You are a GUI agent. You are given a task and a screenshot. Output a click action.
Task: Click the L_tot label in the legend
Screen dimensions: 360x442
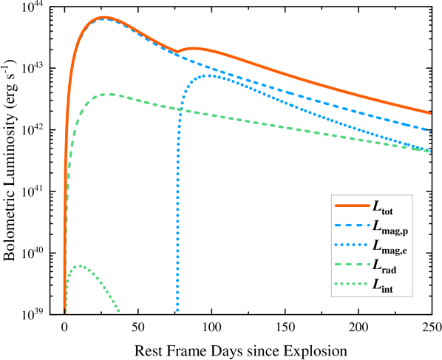[x=384, y=208]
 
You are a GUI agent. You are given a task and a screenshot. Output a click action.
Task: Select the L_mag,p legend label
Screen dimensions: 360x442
[x=390, y=228]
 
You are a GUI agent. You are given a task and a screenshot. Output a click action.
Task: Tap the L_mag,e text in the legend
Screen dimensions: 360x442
[x=390, y=247]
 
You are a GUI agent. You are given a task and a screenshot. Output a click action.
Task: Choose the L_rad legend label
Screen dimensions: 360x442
[x=384, y=266]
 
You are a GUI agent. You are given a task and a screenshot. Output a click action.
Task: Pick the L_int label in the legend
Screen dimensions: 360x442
[x=383, y=285]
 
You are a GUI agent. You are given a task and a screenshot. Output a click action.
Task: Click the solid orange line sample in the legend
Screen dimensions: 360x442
[x=351, y=206]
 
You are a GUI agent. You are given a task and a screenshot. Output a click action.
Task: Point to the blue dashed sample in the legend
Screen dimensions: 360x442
[x=351, y=225]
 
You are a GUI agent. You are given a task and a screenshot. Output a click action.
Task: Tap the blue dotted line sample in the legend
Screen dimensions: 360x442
[x=351, y=245]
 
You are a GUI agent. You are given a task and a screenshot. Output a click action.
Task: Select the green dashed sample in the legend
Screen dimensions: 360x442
[x=351, y=264]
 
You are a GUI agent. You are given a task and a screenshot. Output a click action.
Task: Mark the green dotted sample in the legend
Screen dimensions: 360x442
[x=351, y=283]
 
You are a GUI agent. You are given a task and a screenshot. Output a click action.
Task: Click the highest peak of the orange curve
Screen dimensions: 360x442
[x=103, y=16]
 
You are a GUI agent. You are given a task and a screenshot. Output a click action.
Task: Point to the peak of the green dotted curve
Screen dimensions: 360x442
[x=81, y=265]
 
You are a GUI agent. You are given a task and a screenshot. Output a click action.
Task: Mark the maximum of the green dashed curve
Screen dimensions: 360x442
[x=110, y=94]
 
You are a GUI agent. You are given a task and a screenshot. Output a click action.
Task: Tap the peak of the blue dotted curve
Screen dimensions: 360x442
[x=211, y=75]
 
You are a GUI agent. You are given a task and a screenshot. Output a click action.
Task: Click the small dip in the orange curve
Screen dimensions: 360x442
[x=178, y=52]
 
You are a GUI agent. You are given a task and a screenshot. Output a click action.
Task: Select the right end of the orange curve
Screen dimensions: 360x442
[x=431, y=113]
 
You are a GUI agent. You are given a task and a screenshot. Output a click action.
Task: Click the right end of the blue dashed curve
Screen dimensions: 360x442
[x=431, y=131]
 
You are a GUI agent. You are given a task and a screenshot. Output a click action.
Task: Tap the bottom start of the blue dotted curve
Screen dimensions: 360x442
[x=177, y=310]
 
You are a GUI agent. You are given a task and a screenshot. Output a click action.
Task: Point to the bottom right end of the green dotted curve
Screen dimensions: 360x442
[x=119, y=311]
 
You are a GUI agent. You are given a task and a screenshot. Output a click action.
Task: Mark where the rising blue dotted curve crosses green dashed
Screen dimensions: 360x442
[x=180, y=109]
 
